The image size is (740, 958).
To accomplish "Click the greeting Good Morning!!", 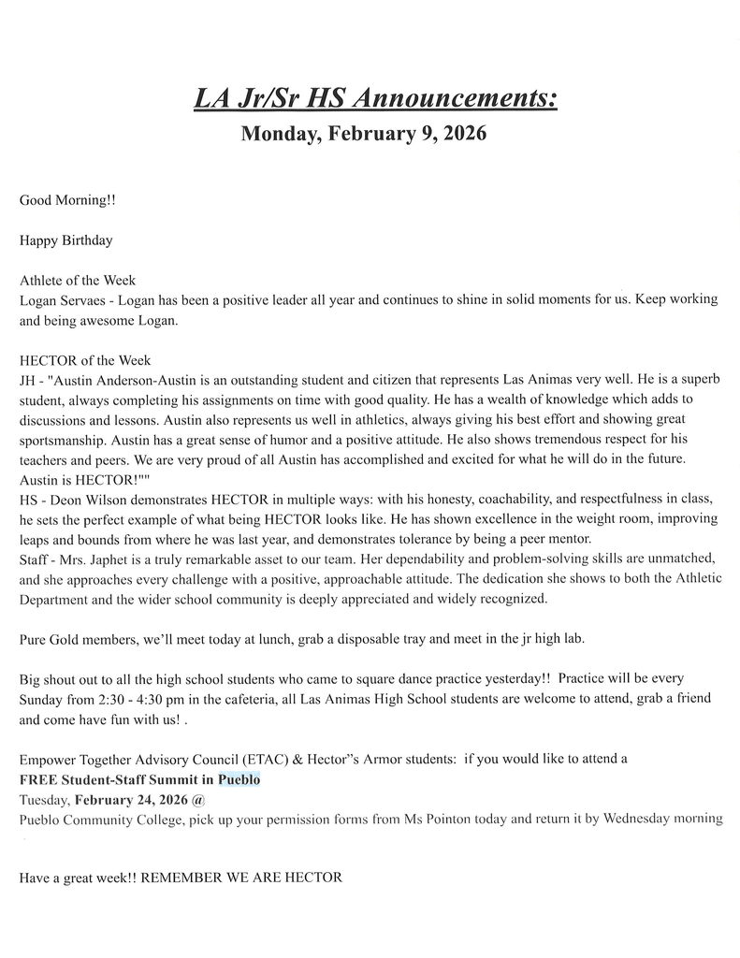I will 67,200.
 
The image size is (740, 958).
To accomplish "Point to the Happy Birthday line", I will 65,240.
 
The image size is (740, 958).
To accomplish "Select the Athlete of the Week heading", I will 78,280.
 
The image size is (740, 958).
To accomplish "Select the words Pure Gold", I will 48,639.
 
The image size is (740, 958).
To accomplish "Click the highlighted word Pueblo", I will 239,779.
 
